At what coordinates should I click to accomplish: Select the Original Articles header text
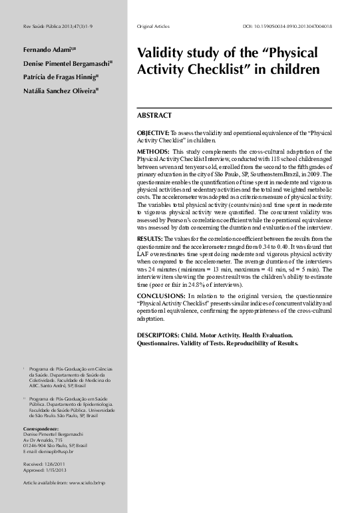154,27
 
